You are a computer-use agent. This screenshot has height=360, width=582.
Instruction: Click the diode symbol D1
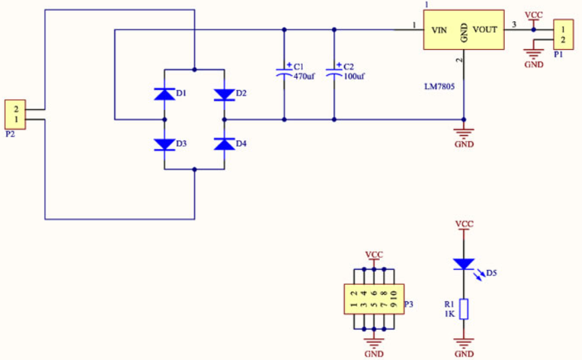click(165, 94)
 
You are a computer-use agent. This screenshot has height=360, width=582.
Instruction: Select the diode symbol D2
click(225, 95)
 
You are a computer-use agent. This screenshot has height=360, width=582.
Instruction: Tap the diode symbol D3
click(165, 144)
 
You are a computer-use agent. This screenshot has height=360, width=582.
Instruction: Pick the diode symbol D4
click(225, 144)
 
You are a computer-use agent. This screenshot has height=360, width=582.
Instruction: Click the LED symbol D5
click(464, 264)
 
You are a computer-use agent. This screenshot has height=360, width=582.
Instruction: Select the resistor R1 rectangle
click(464, 309)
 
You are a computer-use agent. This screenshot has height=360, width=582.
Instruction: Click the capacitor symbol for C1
click(284, 73)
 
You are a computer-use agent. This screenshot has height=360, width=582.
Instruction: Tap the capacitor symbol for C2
click(334, 73)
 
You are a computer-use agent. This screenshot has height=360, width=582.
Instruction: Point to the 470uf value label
click(304, 77)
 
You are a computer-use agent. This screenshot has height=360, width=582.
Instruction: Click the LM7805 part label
click(439, 87)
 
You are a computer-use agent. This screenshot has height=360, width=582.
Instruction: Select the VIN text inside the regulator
click(439, 30)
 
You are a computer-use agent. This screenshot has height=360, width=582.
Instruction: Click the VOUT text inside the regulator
click(484, 29)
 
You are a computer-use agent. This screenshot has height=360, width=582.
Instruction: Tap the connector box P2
click(15, 114)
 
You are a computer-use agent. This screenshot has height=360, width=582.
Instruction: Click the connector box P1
click(564, 35)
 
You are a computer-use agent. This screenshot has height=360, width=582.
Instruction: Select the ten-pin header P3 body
click(374, 299)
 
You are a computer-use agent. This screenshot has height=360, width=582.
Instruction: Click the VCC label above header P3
click(374, 255)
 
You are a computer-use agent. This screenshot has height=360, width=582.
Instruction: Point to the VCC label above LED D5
click(464, 224)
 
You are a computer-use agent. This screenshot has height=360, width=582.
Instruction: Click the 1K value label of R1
click(449, 314)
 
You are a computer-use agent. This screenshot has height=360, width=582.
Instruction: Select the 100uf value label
click(354, 77)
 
